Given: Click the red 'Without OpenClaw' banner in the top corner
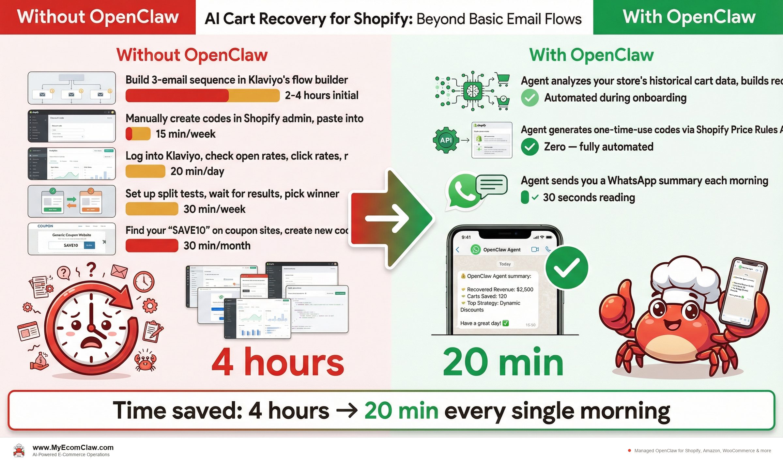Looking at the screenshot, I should pyautogui.click(x=98, y=17).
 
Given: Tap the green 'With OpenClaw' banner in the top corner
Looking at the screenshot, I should pyautogui.click(x=688, y=17).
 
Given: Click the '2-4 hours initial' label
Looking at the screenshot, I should pyautogui.click(x=321, y=95).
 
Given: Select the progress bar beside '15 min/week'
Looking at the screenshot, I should pyautogui.click(x=138, y=134).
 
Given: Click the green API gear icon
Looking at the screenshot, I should pyautogui.click(x=446, y=140).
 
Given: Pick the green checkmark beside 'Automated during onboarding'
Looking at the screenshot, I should pyautogui.click(x=530, y=98).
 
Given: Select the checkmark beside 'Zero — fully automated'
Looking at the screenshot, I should pyautogui.click(x=530, y=147).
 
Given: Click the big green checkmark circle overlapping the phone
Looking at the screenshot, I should pyautogui.click(x=567, y=268).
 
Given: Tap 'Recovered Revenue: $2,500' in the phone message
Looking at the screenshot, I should pyautogui.click(x=500, y=289).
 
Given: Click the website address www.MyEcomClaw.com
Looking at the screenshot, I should pyautogui.click(x=73, y=447).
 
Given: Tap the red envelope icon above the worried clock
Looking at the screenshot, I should pyautogui.click(x=119, y=271).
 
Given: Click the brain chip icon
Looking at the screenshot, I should pyautogui.click(x=472, y=91).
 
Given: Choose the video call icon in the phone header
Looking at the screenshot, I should pyautogui.click(x=535, y=250).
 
